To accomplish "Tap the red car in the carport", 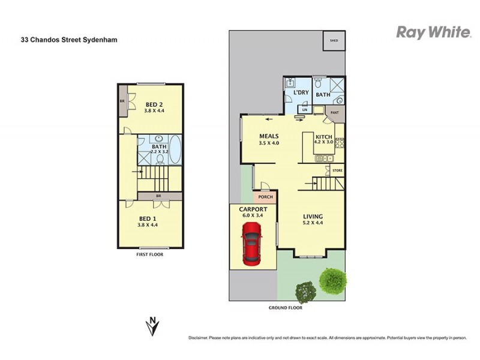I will tap(252, 243).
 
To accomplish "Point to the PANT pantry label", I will tap(335, 112).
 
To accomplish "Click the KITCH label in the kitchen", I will tap(325, 137).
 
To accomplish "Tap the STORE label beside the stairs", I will tap(337, 172).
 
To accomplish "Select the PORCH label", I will tap(265, 197).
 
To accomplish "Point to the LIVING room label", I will tap(313, 217).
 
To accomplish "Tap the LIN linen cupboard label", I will tap(305, 110).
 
